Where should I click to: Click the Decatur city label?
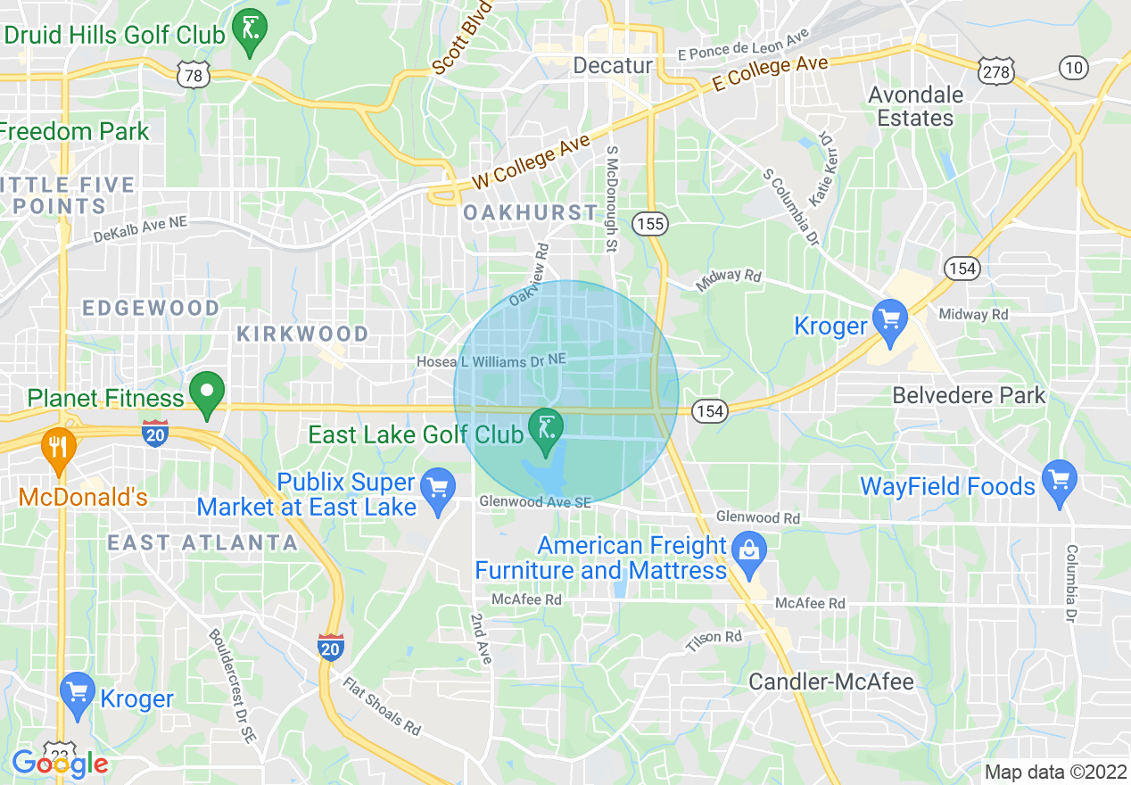coord(613,65)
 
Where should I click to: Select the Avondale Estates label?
coord(915,106)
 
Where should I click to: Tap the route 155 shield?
coord(650,223)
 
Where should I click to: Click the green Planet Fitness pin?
coord(208,393)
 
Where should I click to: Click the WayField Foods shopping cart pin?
coord(1060,482)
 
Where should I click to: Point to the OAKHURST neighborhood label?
coord(530,212)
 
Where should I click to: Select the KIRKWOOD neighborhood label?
coord(302,334)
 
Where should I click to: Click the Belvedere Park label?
coord(969,395)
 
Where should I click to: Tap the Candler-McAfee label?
coord(831,682)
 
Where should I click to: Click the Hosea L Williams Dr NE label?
coord(491,360)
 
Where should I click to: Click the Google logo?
coord(60,764)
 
